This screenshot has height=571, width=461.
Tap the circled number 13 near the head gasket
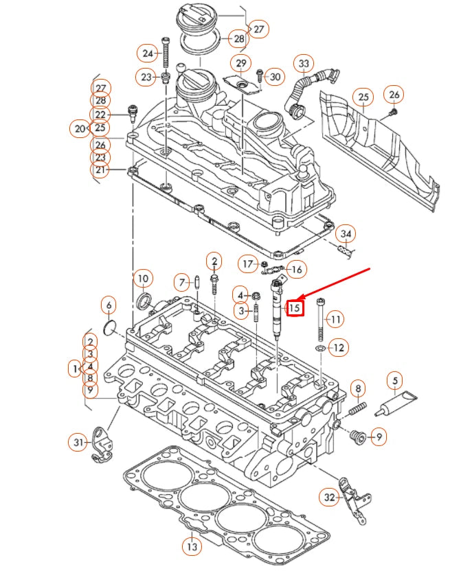pos(192,546)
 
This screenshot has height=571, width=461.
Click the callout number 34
pos(346,234)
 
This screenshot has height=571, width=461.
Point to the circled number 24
pos(147,53)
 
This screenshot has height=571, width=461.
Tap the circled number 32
pos(330,496)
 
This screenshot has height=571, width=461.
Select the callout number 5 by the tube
pos(395,380)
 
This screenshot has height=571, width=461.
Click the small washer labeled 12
pos(320,349)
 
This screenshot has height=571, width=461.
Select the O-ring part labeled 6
pos(109,328)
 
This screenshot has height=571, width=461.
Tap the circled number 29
pos(240,64)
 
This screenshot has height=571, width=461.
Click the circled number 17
pos(248,264)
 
